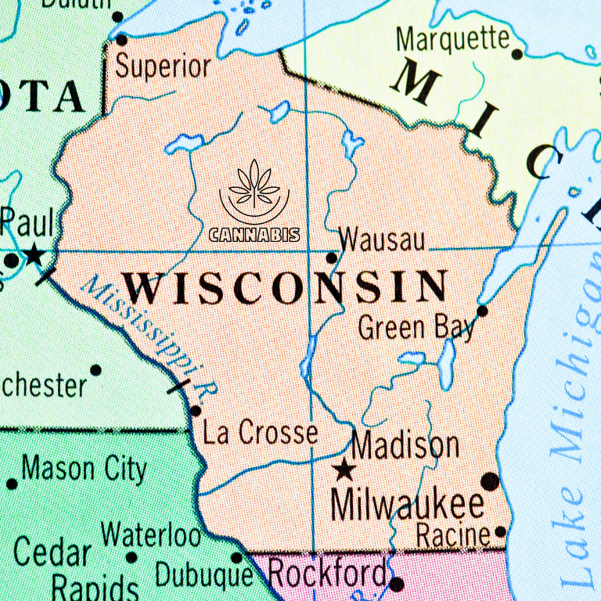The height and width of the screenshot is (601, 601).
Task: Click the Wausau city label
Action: [x=383, y=239]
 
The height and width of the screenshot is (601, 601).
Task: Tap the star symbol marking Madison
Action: [x=344, y=470]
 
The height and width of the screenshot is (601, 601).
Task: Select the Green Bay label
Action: [x=416, y=327]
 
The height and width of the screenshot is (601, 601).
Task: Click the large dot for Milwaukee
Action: [x=490, y=481]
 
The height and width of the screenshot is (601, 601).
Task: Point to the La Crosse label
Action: [x=260, y=433]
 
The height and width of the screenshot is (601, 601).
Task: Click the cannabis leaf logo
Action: [x=254, y=192]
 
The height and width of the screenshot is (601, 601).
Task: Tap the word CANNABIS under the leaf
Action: [x=254, y=234]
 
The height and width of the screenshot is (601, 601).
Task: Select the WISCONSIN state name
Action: [x=286, y=287]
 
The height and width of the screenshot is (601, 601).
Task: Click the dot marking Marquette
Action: [x=516, y=54]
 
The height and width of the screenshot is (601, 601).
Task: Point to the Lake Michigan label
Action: [x=577, y=438]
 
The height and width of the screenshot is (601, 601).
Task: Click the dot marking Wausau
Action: [x=331, y=257]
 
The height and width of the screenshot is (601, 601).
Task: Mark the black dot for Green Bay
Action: [x=482, y=311]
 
